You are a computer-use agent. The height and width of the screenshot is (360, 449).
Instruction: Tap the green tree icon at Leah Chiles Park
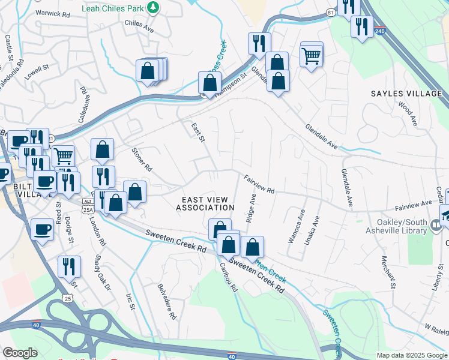coord(154,7)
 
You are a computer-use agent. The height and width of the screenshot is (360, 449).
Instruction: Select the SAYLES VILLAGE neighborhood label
coord(406,94)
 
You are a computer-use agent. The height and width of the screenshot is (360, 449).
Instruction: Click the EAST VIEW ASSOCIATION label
coord(205,203)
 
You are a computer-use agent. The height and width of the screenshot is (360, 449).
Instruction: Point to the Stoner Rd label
coord(141,160)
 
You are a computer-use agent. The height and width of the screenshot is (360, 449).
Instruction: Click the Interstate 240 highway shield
coord(379,31)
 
